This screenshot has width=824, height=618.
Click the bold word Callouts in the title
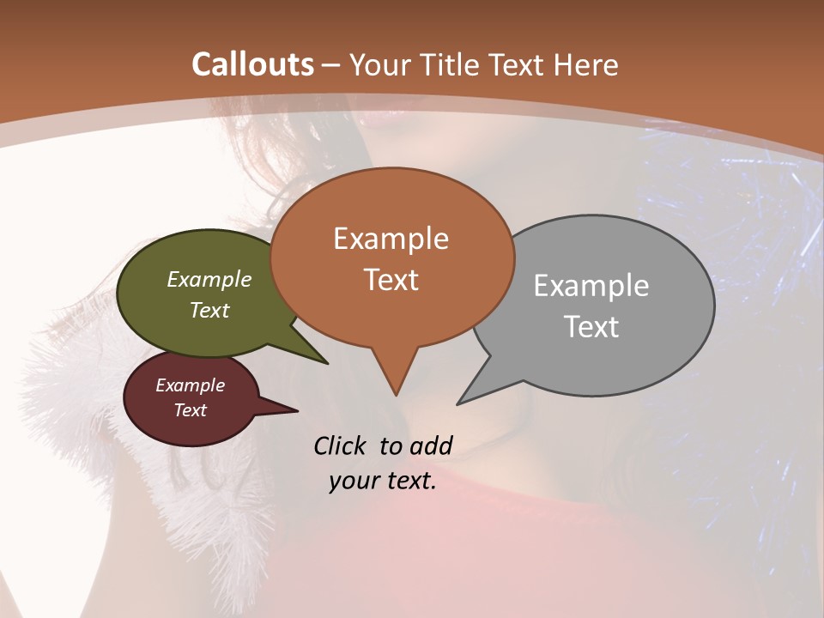click(252, 64)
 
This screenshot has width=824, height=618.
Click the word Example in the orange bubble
click(391, 238)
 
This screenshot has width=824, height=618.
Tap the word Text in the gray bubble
click(591, 326)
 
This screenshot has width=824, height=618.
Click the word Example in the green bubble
click(209, 279)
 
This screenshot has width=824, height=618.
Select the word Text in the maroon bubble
click(190, 410)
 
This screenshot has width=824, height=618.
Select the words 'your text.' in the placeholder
click(383, 481)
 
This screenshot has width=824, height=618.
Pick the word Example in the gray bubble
click(591, 285)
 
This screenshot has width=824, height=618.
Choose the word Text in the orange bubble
click(391, 279)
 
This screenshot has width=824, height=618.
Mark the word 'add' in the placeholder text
click(431, 445)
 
